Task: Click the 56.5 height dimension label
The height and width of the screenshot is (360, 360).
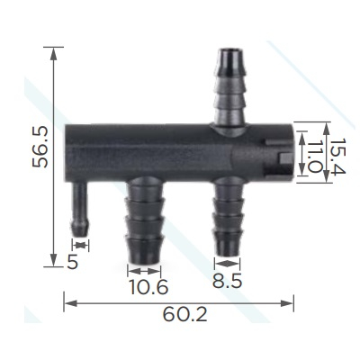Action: point(40,147)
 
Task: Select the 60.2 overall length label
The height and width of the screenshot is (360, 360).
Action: point(184,315)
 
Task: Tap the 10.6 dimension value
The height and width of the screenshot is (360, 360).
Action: point(148,287)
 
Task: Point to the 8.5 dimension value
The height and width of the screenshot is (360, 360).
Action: point(227,282)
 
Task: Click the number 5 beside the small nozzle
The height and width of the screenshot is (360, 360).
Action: point(73,262)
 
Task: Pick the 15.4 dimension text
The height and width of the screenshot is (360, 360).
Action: point(338,156)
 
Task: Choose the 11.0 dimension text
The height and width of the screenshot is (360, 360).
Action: point(313,157)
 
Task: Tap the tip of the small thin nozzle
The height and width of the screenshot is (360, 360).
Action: point(79,233)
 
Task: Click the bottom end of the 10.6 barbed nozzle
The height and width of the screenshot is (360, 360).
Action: point(145,261)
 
